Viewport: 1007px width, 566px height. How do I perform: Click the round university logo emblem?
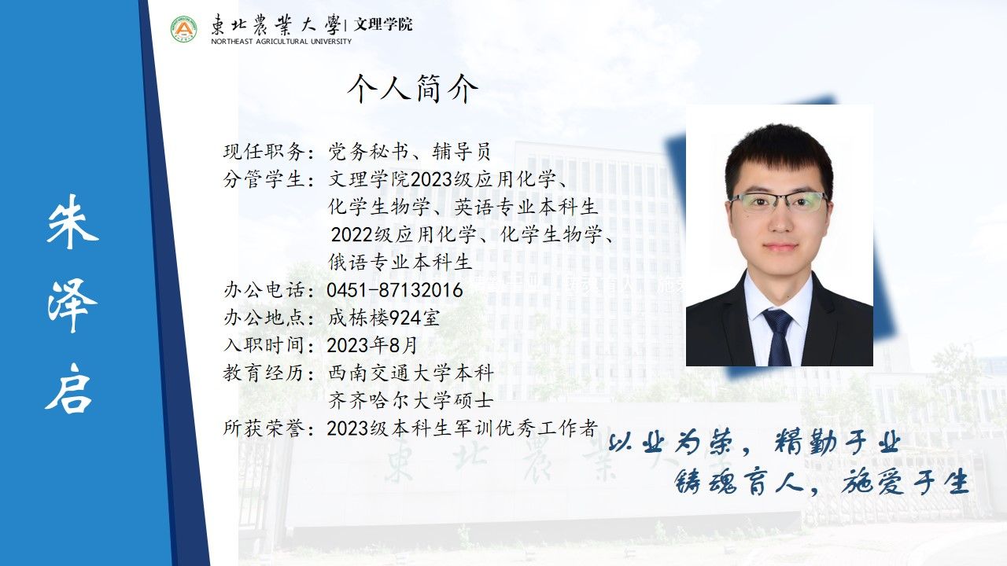pos(184,29)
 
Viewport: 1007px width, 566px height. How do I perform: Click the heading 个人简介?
pos(413,89)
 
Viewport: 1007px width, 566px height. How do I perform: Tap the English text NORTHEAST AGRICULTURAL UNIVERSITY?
pos(282,42)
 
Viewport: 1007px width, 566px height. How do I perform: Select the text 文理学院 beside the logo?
pos(383,24)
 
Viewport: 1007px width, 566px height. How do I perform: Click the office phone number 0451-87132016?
pos(395,290)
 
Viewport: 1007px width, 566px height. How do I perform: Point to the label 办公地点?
pos(264,318)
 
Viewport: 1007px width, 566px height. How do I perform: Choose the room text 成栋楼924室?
pos(384,318)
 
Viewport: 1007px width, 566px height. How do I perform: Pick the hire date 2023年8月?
pos(372,345)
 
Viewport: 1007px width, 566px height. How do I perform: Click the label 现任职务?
pos(264,152)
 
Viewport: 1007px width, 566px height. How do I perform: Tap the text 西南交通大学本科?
pos(411,373)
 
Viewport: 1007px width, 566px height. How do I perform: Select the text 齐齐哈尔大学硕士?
pos(411,401)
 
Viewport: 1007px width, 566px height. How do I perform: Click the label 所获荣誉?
pos(264,428)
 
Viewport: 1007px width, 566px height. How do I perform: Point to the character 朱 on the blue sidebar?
pos(72,222)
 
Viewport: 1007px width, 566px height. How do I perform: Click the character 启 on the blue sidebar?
pos(68,388)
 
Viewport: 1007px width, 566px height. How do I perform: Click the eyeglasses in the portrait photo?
pos(779,201)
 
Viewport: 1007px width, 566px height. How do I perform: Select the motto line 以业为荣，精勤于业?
pos(754,442)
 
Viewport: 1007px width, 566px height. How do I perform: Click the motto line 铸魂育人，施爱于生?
pos(821,482)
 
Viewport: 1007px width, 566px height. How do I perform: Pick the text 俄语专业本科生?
pos(400,263)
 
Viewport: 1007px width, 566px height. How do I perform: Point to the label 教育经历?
pos(264,373)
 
